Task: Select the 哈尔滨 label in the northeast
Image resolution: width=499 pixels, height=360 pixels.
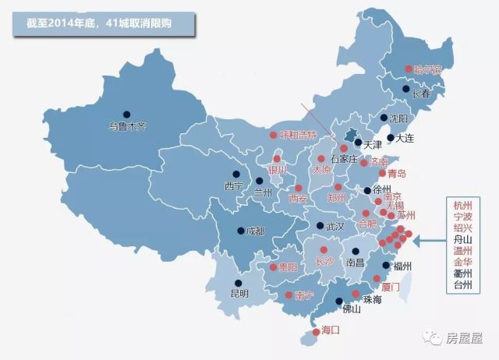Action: point(428,69)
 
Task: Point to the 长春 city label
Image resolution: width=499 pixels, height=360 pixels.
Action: point(420,94)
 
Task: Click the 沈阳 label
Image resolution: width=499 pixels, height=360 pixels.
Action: point(398,119)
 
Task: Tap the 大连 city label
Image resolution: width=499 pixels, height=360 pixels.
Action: point(404,138)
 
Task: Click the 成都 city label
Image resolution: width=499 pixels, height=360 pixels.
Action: point(255,231)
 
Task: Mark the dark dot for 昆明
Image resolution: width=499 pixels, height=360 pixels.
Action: point(238,284)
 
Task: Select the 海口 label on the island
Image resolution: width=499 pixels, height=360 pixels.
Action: point(331,330)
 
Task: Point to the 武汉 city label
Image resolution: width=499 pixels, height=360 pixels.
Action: point(334,226)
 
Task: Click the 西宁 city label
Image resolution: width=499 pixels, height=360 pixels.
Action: point(234,186)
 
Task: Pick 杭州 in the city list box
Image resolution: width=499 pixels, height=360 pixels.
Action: point(463,205)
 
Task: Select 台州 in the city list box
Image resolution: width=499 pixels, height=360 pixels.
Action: point(463,285)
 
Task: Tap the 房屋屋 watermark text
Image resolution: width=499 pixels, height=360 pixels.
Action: point(465,338)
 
